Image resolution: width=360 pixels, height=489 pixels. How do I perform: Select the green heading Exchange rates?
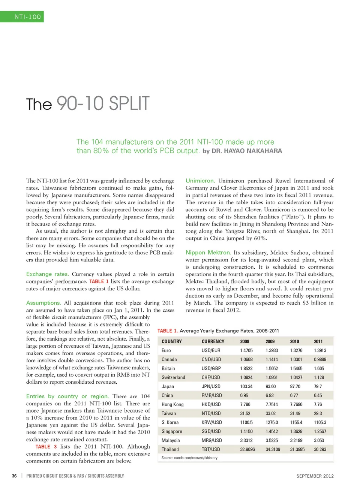pyautogui.click(x=47, y=274)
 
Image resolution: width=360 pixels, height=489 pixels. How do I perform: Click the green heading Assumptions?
pyautogui.click(x=43, y=303)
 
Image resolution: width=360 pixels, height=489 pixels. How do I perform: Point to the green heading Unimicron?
pyautogui.click(x=200, y=181)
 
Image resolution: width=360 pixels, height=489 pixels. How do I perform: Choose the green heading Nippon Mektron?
pyautogui.click(x=208, y=253)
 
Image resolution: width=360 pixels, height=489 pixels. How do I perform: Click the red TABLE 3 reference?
pyautogui.click(x=46, y=447)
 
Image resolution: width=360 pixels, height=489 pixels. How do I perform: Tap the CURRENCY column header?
pyautogui.click(x=213, y=342)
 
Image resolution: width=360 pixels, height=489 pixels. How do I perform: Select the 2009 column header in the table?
pyautogui.click(x=270, y=342)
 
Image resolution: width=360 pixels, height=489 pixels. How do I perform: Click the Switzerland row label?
pyautogui.click(x=173, y=378)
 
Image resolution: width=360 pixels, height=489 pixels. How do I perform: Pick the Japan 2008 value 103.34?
pyautogui.click(x=246, y=387)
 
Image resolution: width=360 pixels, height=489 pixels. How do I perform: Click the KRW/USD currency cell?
pyautogui.click(x=211, y=423)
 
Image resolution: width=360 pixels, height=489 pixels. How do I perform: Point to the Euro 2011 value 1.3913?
pyautogui.click(x=320, y=351)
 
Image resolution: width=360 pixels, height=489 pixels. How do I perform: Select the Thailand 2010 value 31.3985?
pyautogui.click(x=297, y=450)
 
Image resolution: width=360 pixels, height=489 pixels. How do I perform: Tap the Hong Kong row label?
pyautogui.click(x=172, y=405)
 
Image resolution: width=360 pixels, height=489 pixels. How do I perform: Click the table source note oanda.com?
pyautogui.click(x=189, y=458)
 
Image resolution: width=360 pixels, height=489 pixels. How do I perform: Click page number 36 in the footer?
pyautogui.click(x=14, y=476)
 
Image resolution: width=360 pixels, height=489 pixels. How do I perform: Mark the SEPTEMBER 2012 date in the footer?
pyautogui.click(x=315, y=476)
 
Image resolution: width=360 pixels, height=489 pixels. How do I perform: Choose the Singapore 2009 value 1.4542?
pyautogui.click(x=271, y=432)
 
